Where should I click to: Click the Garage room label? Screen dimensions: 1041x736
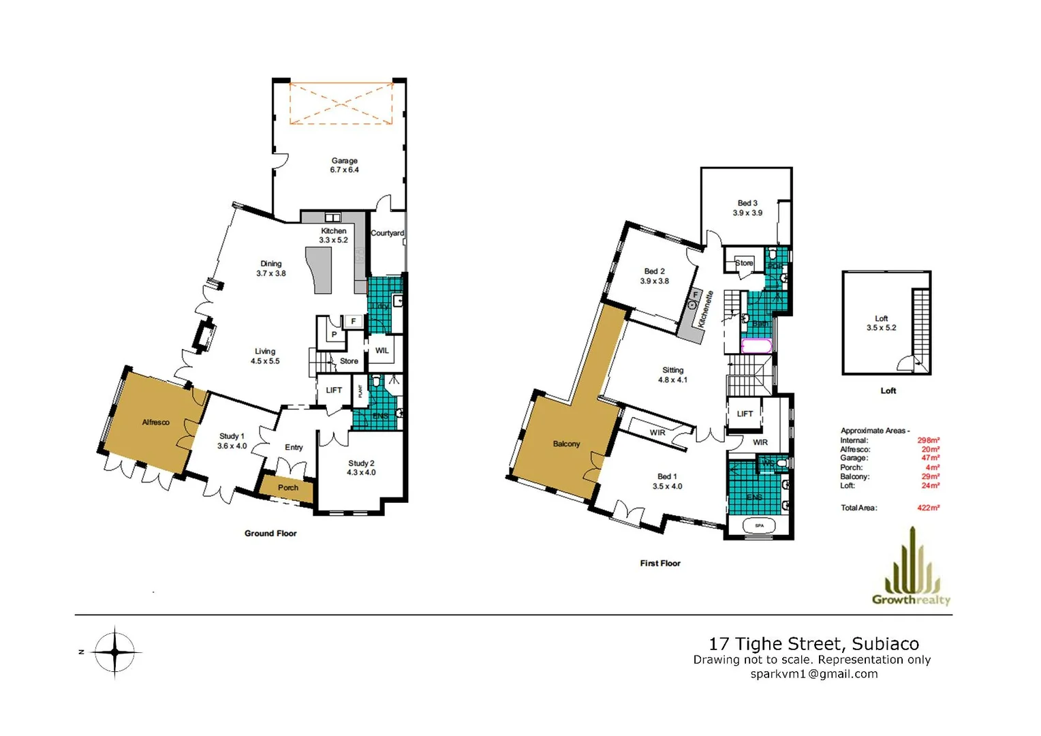tap(344, 161)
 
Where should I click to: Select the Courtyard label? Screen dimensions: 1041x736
tap(387, 233)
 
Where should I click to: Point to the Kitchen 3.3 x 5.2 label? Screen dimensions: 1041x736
tap(334, 236)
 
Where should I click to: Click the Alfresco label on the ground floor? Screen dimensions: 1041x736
tap(155, 423)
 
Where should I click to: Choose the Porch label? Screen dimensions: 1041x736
tap(288, 488)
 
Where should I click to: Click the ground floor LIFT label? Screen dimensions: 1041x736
tap(334, 390)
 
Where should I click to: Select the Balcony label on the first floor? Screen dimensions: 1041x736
tap(566, 444)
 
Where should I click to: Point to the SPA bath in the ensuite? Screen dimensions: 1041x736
tap(760, 525)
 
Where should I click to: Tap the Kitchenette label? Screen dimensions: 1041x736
tap(706, 309)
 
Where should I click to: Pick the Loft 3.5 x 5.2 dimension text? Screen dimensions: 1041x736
tap(881, 328)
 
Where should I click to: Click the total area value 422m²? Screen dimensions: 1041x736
tap(928, 508)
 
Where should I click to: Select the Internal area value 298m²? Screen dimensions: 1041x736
tap(928, 440)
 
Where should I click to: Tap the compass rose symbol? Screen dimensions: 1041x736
tap(115, 652)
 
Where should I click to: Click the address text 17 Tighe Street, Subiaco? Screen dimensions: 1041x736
tap(813, 644)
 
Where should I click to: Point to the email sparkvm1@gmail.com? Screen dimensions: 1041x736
tap(813, 674)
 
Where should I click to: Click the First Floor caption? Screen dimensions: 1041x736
tap(659, 564)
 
